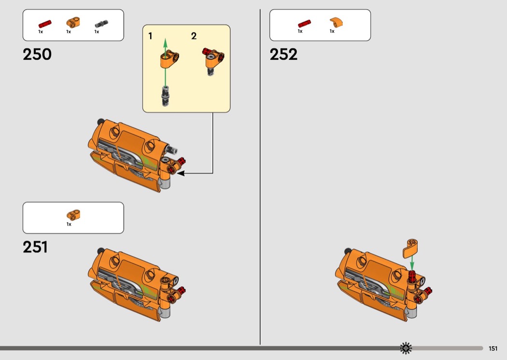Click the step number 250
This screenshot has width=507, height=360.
click(37, 55)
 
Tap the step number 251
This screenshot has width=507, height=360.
click(35, 247)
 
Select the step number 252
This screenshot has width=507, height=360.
click(283, 55)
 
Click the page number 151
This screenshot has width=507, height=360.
click(493, 348)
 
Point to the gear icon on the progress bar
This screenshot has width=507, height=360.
click(406, 348)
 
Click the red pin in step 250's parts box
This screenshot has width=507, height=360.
click(45, 24)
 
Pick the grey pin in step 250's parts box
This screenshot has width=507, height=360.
click(101, 24)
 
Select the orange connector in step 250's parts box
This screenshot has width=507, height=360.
click(73, 22)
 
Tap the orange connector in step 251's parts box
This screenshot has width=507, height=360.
click(73, 215)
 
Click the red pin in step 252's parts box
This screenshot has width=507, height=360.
click(305, 24)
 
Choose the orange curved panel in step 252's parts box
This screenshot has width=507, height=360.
click(336, 23)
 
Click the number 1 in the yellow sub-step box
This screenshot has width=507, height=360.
click(150, 36)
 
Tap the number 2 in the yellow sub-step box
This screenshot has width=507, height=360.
click(194, 36)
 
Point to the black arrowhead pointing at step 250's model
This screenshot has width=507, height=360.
click(181, 173)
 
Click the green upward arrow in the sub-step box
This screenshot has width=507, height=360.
click(165, 63)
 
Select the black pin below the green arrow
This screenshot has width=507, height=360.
click(165, 97)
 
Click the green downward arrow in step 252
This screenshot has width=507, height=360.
click(412, 263)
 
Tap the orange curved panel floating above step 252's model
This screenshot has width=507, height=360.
click(410, 248)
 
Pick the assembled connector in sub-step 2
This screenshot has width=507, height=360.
click(213, 60)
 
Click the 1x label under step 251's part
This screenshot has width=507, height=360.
click(69, 224)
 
